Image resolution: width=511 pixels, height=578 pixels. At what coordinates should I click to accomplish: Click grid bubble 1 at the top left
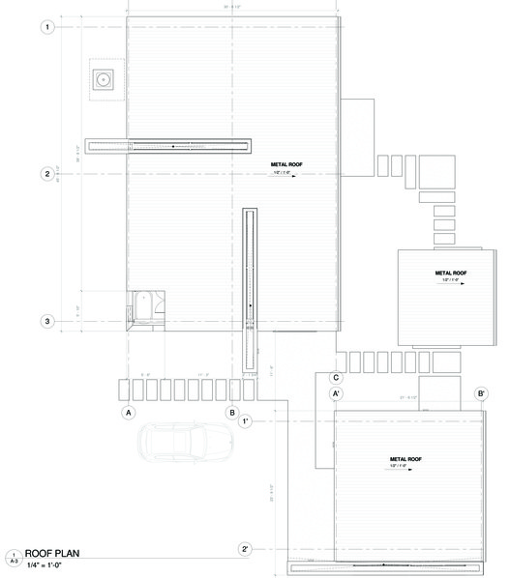pyautogui.click(x=46, y=28)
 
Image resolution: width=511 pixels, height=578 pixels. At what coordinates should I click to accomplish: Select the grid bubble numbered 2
pyautogui.click(x=46, y=174)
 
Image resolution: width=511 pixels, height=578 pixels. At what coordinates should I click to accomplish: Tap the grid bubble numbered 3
pyautogui.click(x=46, y=322)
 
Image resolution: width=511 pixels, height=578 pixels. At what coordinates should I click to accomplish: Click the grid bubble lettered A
pyautogui.click(x=127, y=413)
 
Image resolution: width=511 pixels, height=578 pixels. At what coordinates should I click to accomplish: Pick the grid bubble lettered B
pyautogui.click(x=232, y=413)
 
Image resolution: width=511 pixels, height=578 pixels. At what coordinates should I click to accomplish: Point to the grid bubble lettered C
pyautogui.click(x=336, y=378)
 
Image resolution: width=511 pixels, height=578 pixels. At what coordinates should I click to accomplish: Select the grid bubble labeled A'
pyautogui.click(x=336, y=394)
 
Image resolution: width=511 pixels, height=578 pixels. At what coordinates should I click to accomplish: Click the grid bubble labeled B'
pyautogui.click(x=480, y=394)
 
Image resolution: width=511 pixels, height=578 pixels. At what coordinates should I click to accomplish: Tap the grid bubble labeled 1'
pyautogui.click(x=246, y=422)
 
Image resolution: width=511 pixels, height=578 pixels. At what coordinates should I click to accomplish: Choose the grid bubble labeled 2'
pyautogui.click(x=246, y=549)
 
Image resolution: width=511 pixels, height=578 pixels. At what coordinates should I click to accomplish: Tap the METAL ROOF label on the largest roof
pyautogui.click(x=287, y=166)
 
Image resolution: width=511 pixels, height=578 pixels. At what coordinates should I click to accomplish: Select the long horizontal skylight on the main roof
pyautogui.click(x=168, y=146)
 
